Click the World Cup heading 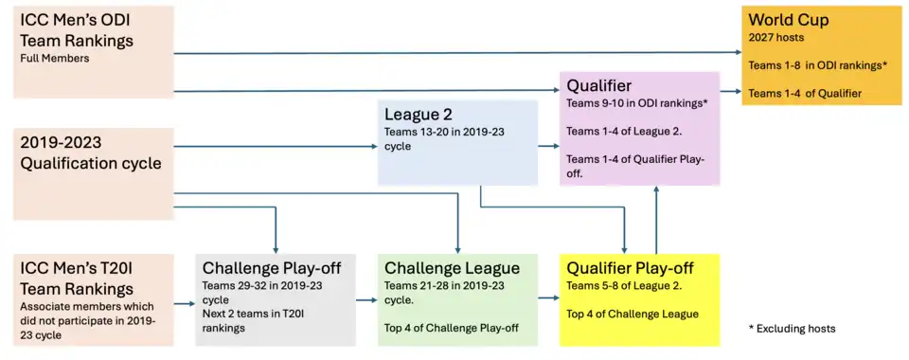[788, 20]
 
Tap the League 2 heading [418, 115]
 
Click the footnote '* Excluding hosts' [792, 328]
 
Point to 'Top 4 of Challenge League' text [633, 315]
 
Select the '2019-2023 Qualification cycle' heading [91, 153]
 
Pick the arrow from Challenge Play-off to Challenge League [366, 298]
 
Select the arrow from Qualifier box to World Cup [730, 92]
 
